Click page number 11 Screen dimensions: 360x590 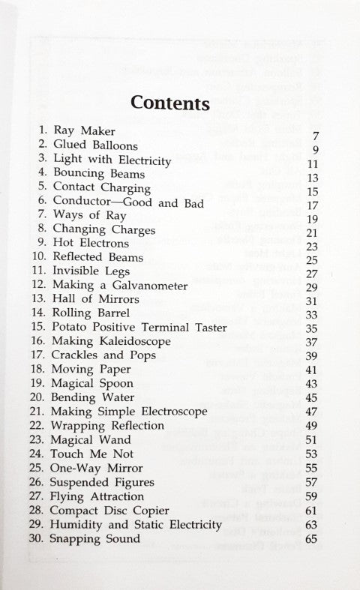[x=313, y=165]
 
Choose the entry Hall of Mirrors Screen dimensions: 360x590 [x=94, y=299]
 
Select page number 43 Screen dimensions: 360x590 [x=313, y=383]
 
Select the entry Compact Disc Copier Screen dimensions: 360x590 [x=111, y=510]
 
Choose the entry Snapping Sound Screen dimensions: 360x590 [x=97, y=538]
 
